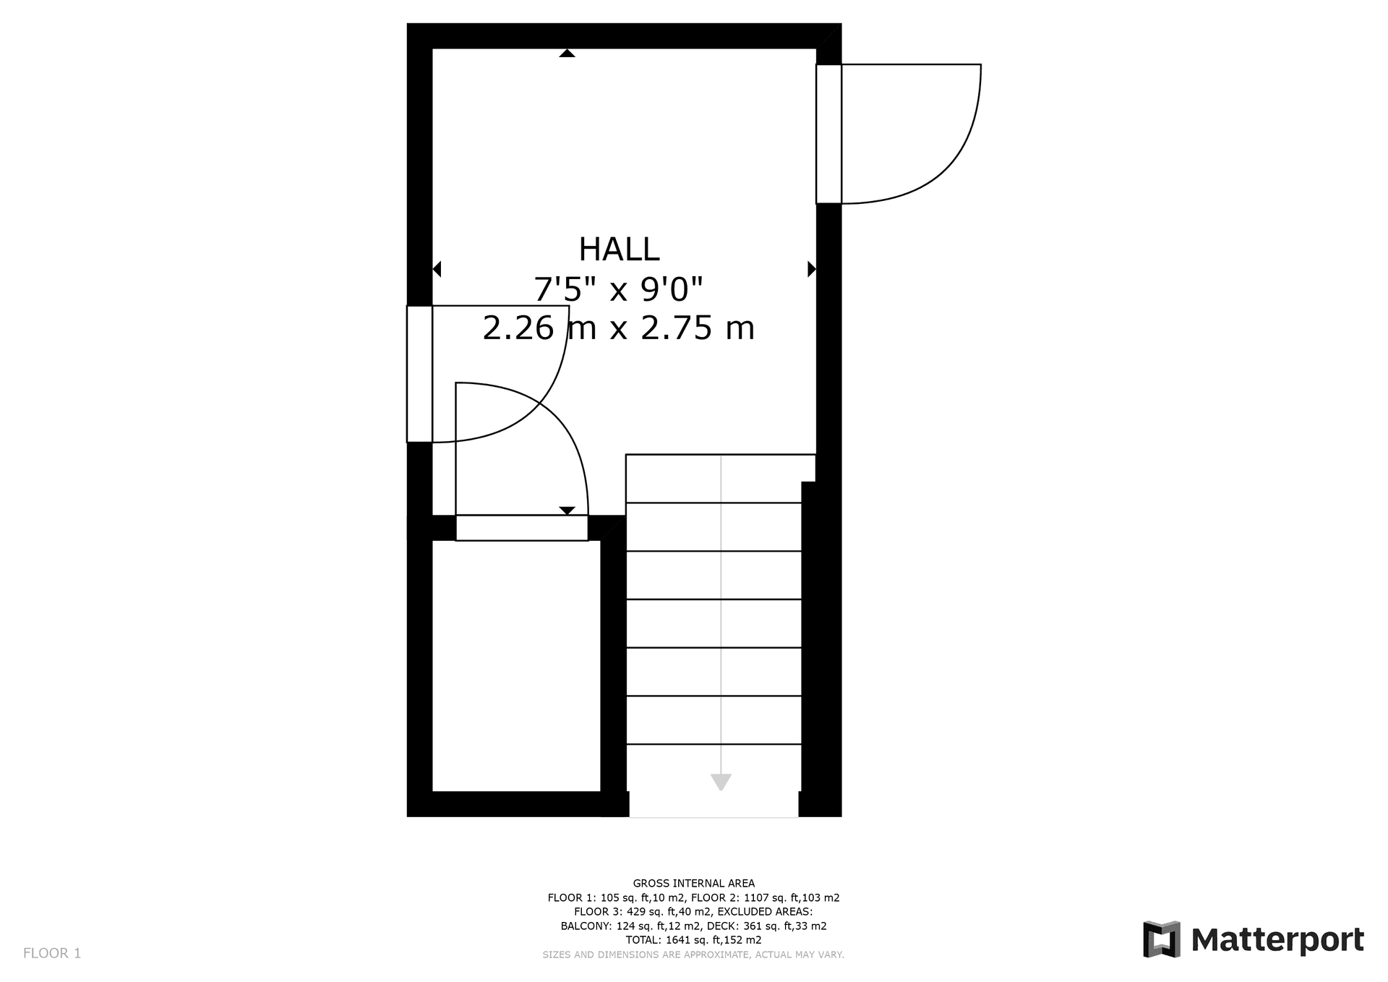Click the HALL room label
(x=619, y=249)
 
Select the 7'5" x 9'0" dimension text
(x=618, y=290)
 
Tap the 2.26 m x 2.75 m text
(x=618, y=328)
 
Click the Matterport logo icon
(x=1161, y=939)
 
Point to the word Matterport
(x=1277, y=940)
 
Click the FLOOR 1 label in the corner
(x=52, y=953)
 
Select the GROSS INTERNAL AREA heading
(x=693, y=883)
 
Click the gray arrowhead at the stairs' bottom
(x=721, y=782)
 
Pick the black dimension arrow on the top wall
(x=567, y=53)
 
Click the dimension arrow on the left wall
(x=437, y=269)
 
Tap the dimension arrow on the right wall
(x=812, y=269)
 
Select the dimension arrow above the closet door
(x=567, y=511)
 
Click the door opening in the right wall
(x=828, y=134)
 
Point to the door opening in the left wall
(x=419, y=374)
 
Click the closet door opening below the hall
(x=521, y=528)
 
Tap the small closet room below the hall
(x=516, y=665)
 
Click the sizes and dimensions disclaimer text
(x=693, y=955)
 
